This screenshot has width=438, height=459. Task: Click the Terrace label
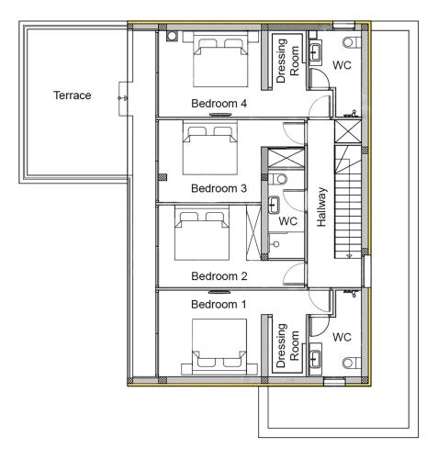[73, 95]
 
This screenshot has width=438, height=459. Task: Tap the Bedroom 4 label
[219, 104]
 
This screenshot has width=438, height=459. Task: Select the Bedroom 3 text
[219, 188]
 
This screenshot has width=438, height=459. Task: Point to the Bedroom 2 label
[219, 276]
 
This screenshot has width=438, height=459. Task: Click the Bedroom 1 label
[219, 304]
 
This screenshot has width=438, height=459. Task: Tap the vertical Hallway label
[321, 207]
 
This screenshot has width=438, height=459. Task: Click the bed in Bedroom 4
[220, 59]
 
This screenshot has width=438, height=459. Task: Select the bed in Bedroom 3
[210, 148]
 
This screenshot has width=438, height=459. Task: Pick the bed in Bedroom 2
[202, 233]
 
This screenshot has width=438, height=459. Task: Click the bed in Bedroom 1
[219, 347]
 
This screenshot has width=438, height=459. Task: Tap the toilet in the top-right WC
[352, 42]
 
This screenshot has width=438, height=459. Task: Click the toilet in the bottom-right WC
[352, 364]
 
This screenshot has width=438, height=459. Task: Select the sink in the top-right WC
[315, 52]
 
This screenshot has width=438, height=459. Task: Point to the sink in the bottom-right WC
[315, 359]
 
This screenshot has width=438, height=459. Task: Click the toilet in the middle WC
[278, 179]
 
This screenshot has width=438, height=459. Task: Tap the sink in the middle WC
[274, 205]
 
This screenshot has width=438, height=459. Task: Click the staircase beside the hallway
[348, 202]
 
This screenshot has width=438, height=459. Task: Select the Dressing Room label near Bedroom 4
[287, 61]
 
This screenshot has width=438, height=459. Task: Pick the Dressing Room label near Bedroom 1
[287, 345]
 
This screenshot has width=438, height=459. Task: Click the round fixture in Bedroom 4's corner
[172, 36]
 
